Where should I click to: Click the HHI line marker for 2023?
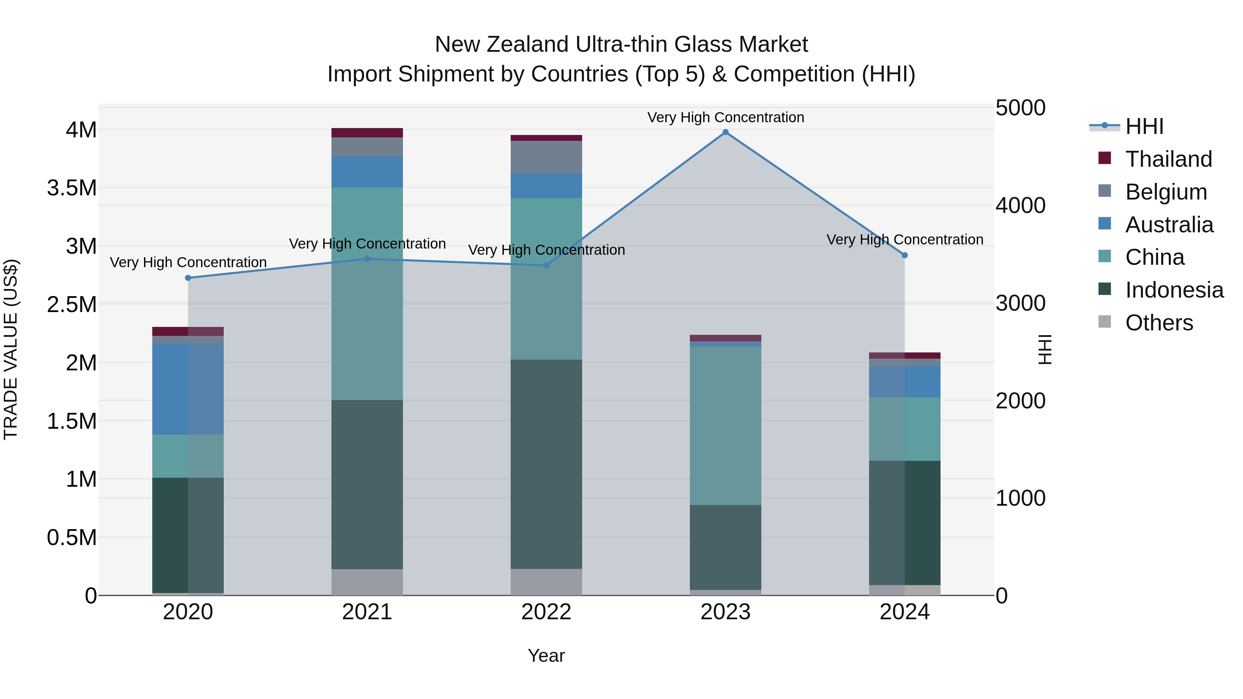(x=725, y=132)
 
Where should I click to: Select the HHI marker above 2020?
(x=188, y=278)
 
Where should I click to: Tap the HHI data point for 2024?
(x=905, y=255)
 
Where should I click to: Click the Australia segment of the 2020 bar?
(x=188, y=389)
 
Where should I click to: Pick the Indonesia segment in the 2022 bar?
(x=546, y=464)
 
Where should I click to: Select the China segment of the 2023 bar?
(x=725, y=426)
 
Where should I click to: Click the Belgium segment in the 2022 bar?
(x=546, y=157)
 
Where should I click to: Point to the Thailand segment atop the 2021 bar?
(x=367, y=133)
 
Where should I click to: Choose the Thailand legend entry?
(x=1168, y=159)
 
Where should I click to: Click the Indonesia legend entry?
(x=1174, y=290)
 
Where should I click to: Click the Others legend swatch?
(x=1105, y=322)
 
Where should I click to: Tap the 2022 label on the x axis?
(x=546, y=612)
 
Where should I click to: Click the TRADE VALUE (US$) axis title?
(x=11, y=349)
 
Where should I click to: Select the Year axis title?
(x=546, y=656)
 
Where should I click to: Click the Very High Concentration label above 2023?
(x=725, y=117)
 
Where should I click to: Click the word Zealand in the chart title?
(x=528, y=45)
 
